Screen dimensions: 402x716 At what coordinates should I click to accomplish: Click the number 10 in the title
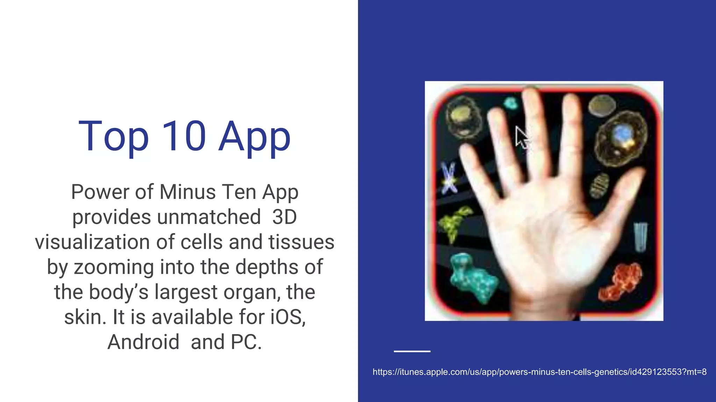184,136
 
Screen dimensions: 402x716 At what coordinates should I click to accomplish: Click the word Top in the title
114,136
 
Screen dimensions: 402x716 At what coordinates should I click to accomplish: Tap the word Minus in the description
188,192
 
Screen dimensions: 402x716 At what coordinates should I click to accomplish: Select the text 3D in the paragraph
284,217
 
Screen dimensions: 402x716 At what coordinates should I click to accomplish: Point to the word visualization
92,242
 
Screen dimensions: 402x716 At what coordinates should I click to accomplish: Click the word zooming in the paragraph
114,267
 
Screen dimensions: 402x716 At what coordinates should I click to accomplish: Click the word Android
143,342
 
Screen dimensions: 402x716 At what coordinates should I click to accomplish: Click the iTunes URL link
539,372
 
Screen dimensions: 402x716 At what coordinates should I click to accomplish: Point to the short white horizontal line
412,351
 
